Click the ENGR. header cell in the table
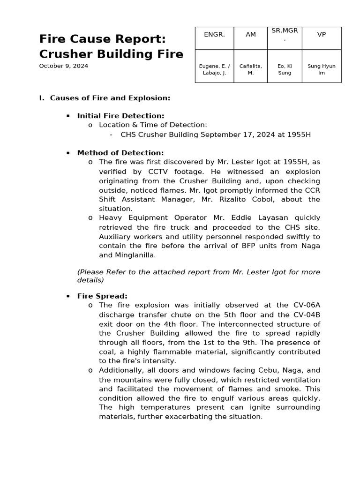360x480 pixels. coord(214,35)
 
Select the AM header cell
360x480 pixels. coord(251,35)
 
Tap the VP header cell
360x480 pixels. coord(322,35)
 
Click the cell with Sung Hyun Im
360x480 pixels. coord(322,69)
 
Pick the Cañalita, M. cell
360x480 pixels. coord(251,69)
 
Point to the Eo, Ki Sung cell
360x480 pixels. coord(285,69)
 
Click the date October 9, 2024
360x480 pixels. coord(63,66)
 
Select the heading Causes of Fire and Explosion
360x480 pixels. coord(110,98)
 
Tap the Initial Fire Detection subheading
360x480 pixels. coord(120,116)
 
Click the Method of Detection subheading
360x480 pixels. coord(120,153)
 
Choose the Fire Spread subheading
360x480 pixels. coord(102,296)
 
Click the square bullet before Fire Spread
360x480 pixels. coord(68,296)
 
